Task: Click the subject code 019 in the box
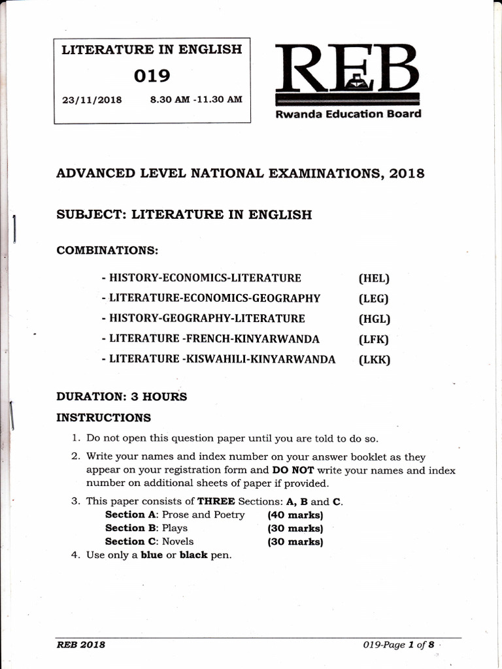click(x=152, y=76)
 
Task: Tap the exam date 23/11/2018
click(x=92, y=101)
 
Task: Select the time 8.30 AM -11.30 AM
click(x=196, y=100)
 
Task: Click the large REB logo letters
click(x=346, y=69)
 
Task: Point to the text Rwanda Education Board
click(x=348, y=114)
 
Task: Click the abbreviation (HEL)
click(x=373, y=278)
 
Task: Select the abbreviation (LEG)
click(x=373, y=299)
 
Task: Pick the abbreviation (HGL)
click(x=373, y=319)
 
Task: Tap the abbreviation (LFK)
click(x=373, y=339)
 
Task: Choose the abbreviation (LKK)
click(x=373, y=359)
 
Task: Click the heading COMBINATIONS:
click(x=108, y=250)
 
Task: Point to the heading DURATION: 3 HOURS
click(x=122, y=397)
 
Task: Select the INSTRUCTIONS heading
click(x=103, y=417)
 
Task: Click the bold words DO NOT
click(x=293, y=470)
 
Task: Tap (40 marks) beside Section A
click(x=295, y=515)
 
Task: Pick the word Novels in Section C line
click(x=178, y=542)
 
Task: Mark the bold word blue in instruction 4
click(x=152, y=555)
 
